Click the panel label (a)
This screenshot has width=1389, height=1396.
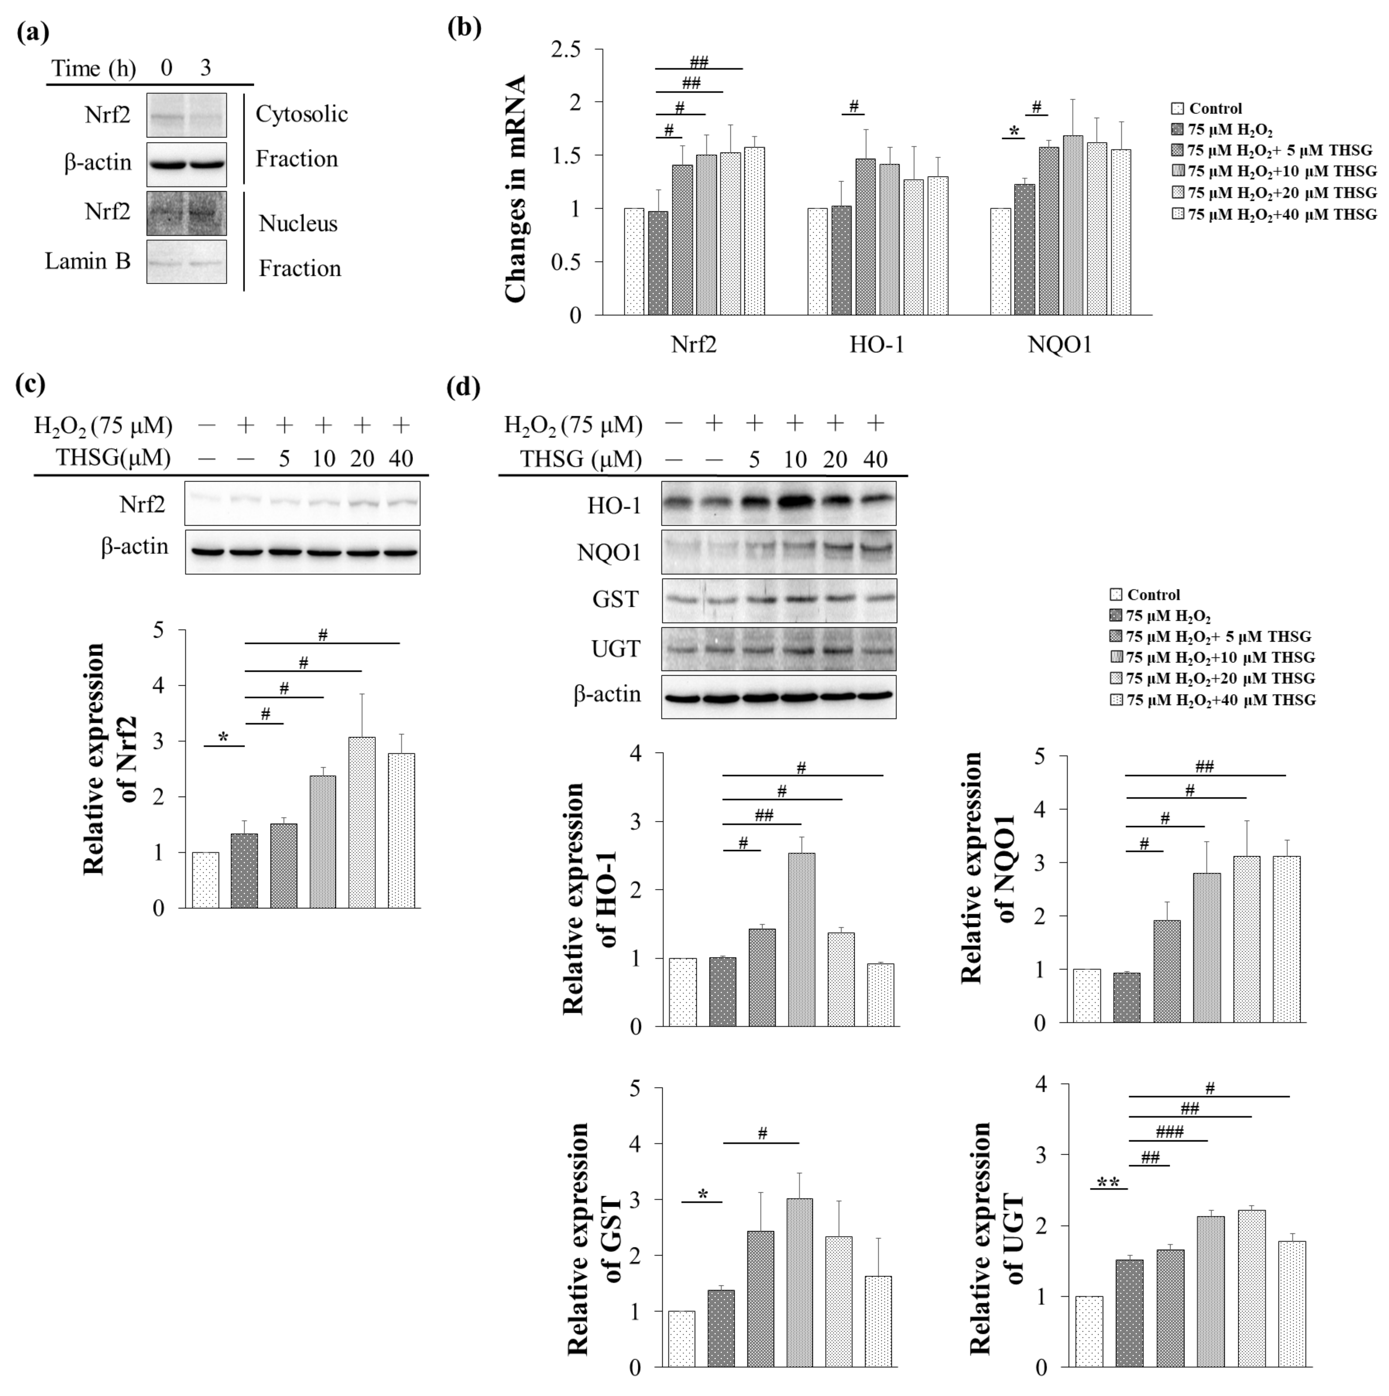(x=33, y=33)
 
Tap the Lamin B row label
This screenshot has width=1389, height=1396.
(x=87, y=261)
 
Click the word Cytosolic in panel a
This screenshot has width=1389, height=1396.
(x=301, y=114)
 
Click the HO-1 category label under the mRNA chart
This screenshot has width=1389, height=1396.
(x=876, y=345)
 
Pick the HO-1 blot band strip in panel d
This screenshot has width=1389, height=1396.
(x=778, y=504)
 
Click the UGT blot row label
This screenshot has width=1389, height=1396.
(x=615, y=649)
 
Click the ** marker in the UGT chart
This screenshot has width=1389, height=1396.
(x=1108, y=1183)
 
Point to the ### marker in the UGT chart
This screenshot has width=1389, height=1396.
(x=1169, y=1132)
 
